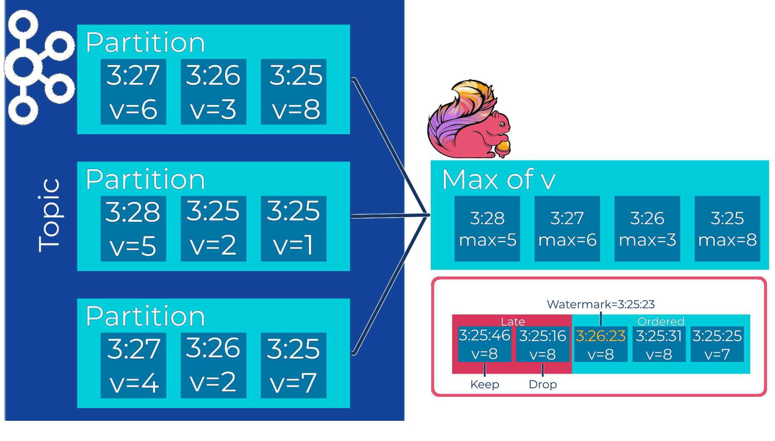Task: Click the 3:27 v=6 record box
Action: [x=133, y=92]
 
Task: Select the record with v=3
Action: [x=213, y=92]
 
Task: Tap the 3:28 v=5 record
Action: [x=133, y=228]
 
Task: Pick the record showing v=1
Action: [x=293, y=228]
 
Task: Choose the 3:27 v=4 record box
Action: [x=133, y=365]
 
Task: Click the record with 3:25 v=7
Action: [x=293, y=365]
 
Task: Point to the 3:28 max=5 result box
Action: [x=487, y=228]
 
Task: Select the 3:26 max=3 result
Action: [x=647, y=228]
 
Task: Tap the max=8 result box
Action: [x=727, y=228]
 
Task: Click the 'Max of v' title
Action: [x=498, y=180]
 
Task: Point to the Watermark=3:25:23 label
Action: [x=601, y=304]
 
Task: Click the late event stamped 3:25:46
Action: [x=485, y=344]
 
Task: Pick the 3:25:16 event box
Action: [x=543, y=344]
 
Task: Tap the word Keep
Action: [x=485, y=384]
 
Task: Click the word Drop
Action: [x=543, y=384]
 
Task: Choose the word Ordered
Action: [x=661, y=321]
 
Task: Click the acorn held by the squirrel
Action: [x=503, y=147]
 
